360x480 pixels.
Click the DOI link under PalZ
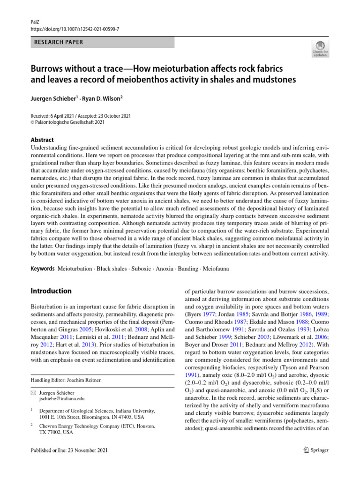(75, 29)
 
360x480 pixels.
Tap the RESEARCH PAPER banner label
(59, 42)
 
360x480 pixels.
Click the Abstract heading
(42, 140)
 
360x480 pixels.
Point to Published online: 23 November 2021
(69, 450)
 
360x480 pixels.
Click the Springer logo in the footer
(310, 450)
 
